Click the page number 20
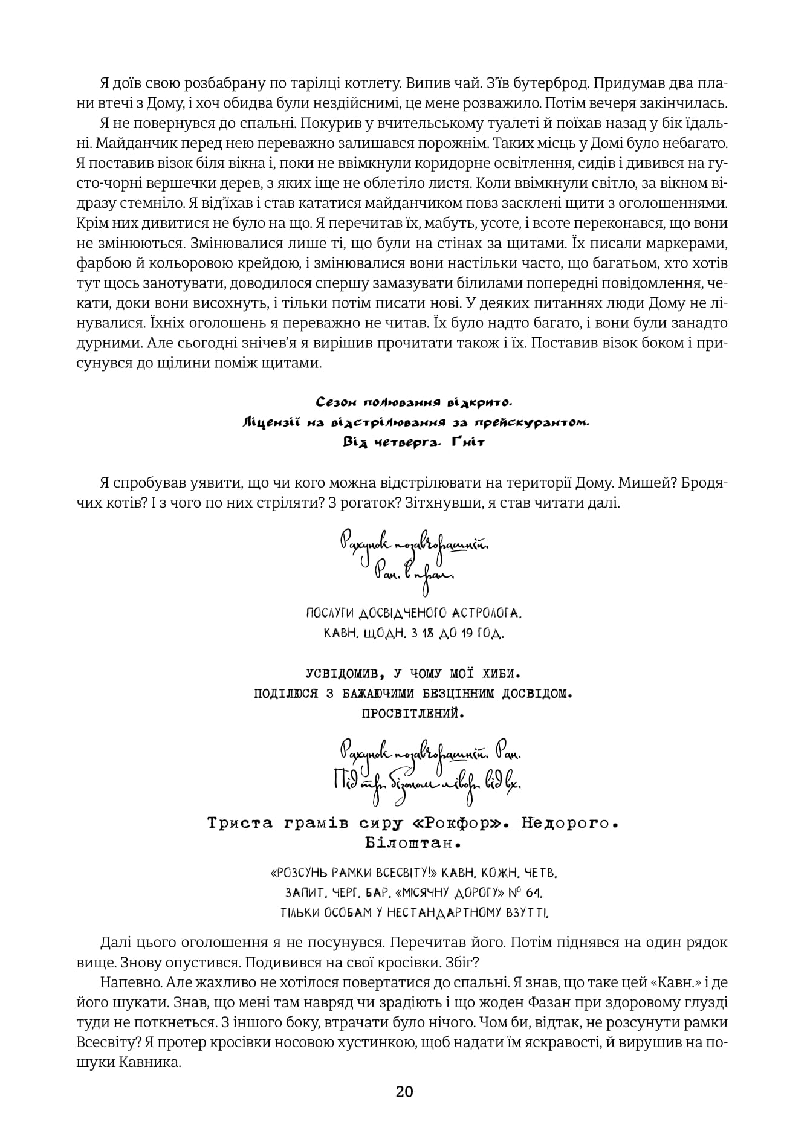click(x=404, y=1108)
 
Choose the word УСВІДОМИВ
click(x=336, y=673)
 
